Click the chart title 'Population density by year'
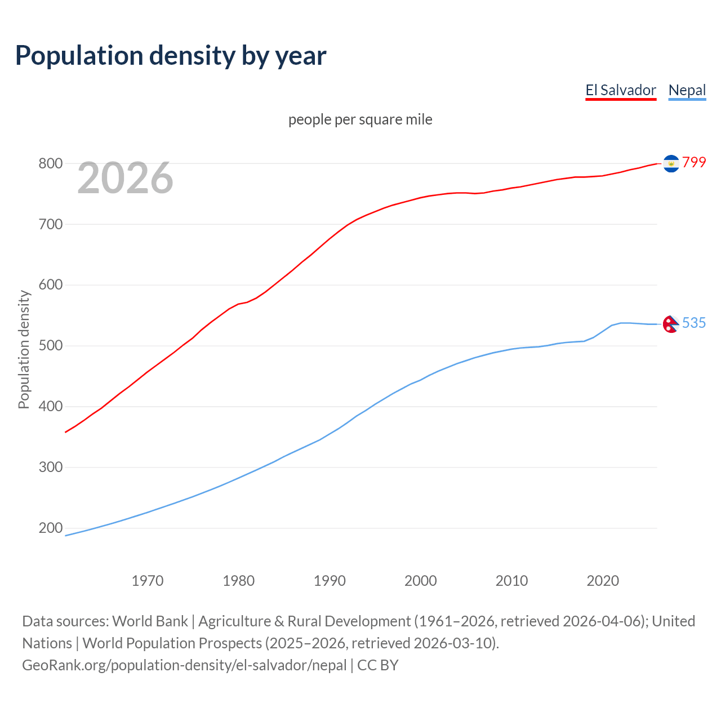click(171, 56)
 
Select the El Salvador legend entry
click(621, 90)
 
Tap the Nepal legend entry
click(687, 90)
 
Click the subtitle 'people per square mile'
click(360, 119)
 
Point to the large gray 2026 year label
click(125, 178)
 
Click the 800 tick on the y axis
click(50, 164)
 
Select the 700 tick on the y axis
click(50, 225)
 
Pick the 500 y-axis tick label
click(50, 346)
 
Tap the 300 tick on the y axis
click(50, 468)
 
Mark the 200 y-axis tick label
click(50, 528)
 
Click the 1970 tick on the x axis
click(148, 581)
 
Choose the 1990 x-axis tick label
click(330, 581)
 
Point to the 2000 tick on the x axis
click(421, 581)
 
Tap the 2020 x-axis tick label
click(603, 581)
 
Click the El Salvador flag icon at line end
click(671, 163)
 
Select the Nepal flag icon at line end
click(670, 324)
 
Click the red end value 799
click(694, 162)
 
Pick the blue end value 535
click(694, 323)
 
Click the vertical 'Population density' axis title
click(24, 349)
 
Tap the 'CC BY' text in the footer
click(378, 665)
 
